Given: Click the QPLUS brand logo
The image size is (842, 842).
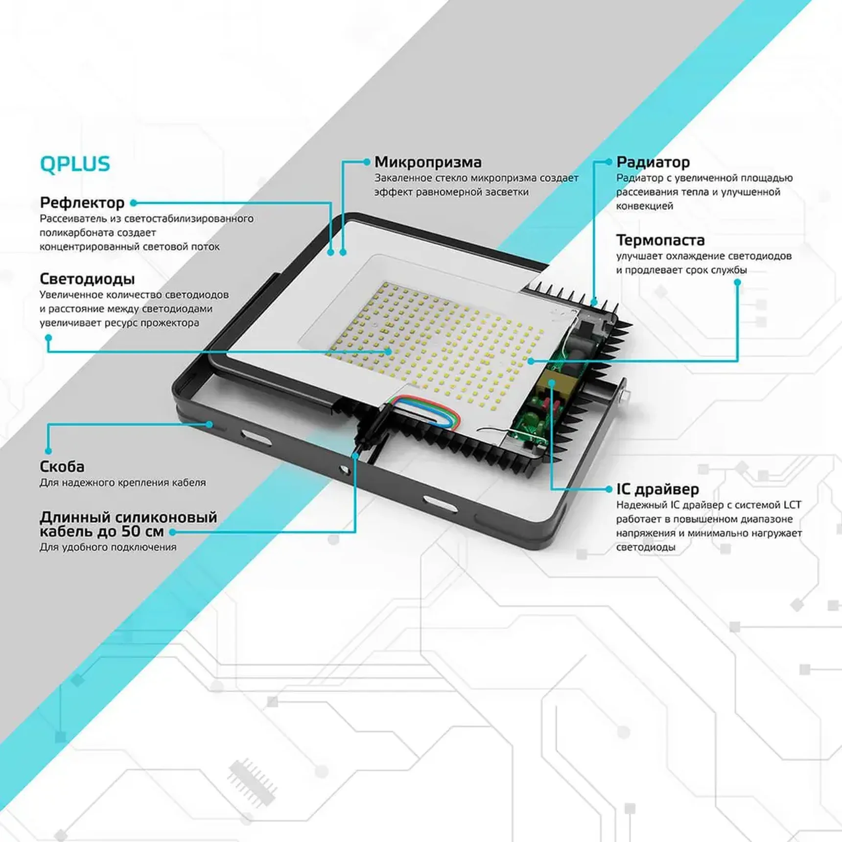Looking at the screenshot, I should point(75,164).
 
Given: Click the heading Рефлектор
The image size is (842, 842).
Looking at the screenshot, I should point(82,203).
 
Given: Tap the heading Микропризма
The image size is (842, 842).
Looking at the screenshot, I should point(428,162).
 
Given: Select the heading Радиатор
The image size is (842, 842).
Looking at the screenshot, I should point(653,162).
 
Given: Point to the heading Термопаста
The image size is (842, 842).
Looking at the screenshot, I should point(660,240).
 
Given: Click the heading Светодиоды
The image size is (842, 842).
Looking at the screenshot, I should point(87,279).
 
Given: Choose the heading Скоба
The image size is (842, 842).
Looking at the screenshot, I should point(62,467).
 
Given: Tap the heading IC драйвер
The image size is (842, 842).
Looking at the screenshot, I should point(657,489).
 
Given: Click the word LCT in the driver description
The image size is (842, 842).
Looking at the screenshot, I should point(792,505).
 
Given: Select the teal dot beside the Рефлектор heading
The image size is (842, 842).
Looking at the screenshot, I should point(133,203).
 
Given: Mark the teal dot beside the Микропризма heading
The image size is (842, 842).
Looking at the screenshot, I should point(367,162).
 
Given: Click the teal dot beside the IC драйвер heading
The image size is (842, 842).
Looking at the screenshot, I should point(608,489).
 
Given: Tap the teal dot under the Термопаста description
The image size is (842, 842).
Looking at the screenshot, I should point(737,282).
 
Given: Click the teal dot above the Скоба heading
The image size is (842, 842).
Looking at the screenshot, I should point(48,450).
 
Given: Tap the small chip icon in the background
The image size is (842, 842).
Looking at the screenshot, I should point(252,781).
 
